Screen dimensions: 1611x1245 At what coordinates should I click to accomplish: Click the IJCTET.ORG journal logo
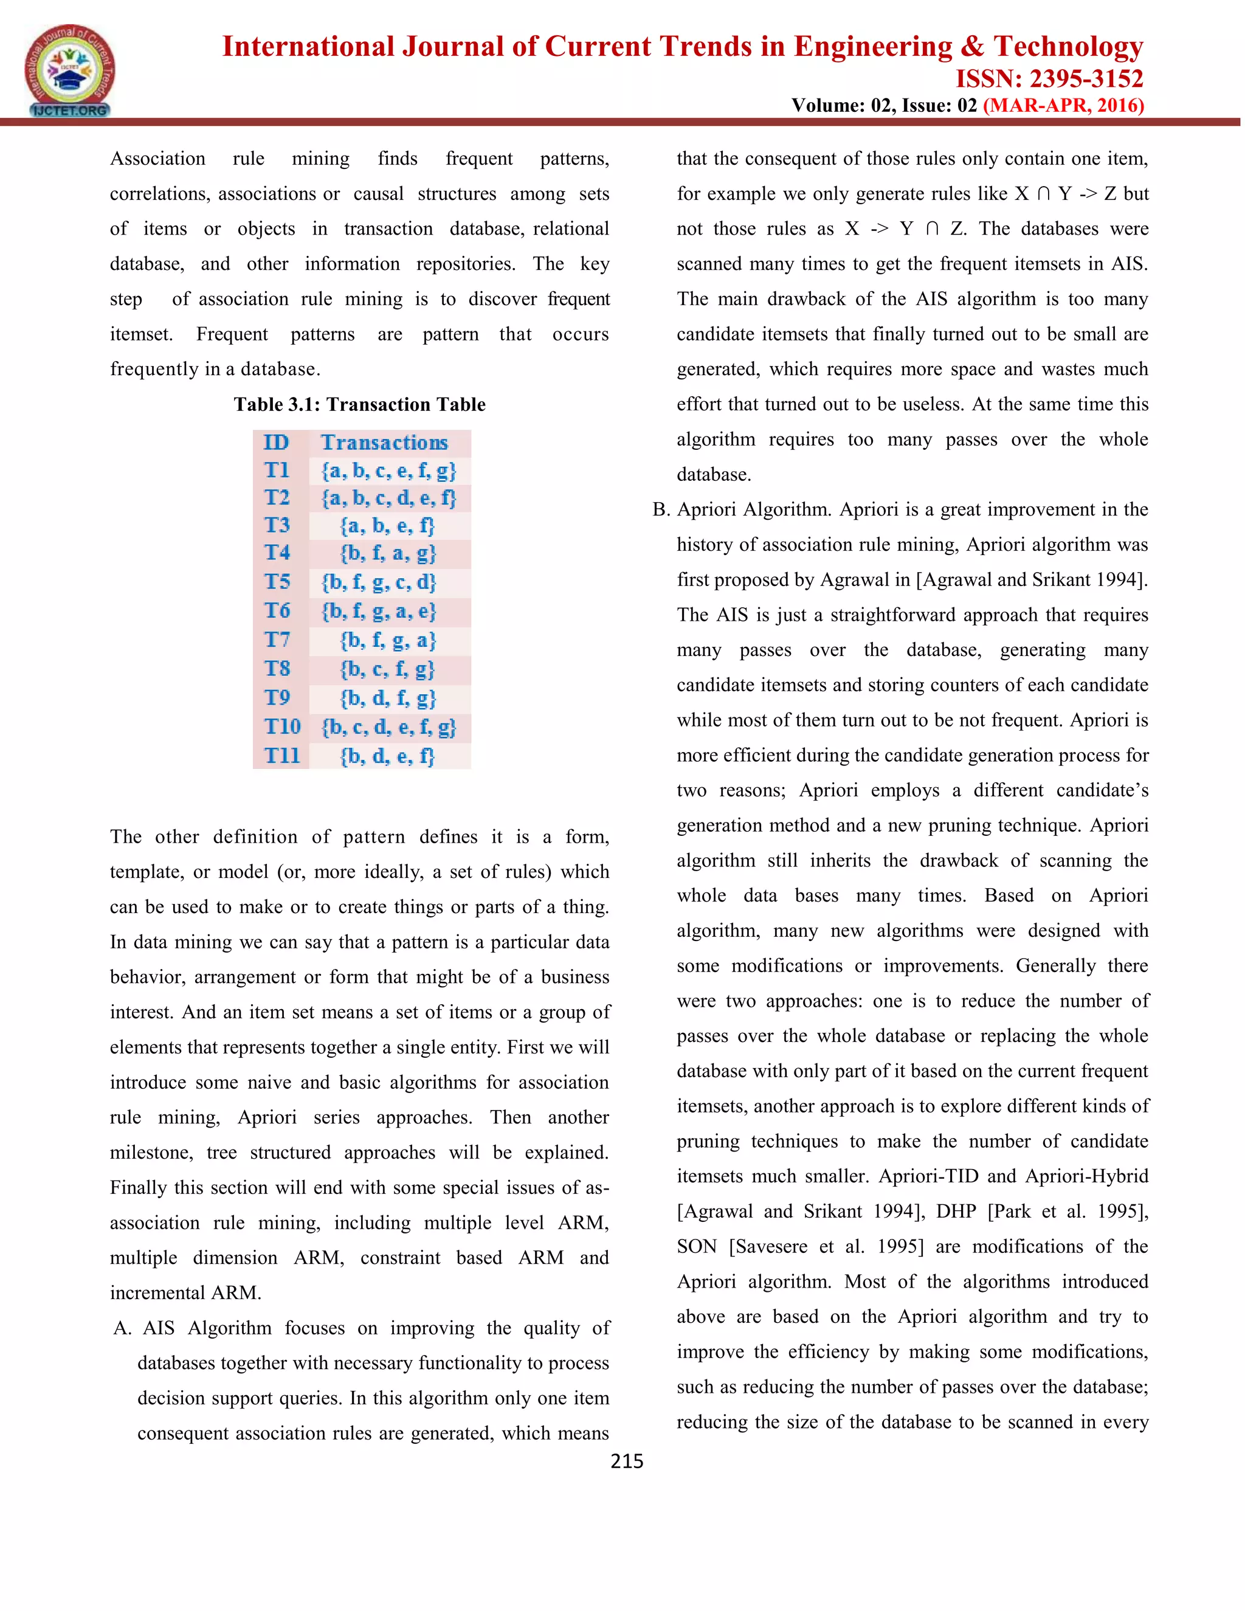(x=69, y=71)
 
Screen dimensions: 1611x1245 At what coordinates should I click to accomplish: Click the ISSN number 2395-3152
(x=1049, y=79)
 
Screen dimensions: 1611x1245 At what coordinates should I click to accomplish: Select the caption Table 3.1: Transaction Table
(x=359, y=404)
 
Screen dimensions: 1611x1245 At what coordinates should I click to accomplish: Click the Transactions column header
(x=384, y=443)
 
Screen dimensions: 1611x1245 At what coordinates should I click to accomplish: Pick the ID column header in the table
(x=277, y=443)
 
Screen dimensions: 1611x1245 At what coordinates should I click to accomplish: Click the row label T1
(x=277, y=471)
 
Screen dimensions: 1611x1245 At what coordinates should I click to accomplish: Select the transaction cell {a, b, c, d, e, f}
(x=388, y=498)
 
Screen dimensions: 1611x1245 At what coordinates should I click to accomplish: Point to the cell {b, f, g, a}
(x=388, y=640)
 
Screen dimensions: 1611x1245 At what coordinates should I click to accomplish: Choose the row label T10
(x=283, y=726)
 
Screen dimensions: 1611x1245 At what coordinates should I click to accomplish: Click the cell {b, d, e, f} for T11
(x=388, y=756)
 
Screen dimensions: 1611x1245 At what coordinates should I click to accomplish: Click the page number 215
(x=627, y=1461)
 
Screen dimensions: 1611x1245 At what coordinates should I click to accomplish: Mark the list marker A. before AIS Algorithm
(x=122, y=1328)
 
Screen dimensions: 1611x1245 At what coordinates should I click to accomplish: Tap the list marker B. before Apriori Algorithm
(x=661, y=509)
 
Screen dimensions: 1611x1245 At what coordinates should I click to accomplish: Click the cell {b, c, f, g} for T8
(x=388, y=669)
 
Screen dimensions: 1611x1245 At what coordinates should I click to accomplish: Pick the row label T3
(x=277, y=525)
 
